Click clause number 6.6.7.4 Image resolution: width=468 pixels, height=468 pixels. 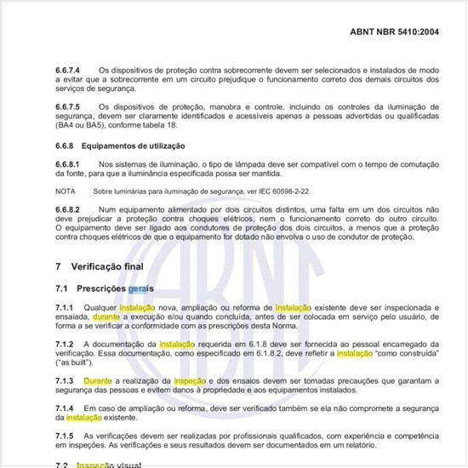(69, 69)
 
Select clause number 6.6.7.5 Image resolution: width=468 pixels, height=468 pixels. (69, 106)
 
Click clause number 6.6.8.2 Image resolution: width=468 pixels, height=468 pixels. (67, 208)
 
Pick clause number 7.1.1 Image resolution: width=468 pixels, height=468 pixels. (65, 306)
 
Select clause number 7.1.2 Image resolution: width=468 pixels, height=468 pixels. (65, 343)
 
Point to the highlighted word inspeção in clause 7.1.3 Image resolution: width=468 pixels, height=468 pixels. (189, 380)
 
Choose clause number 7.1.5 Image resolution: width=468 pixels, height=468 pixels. (65, 436)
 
